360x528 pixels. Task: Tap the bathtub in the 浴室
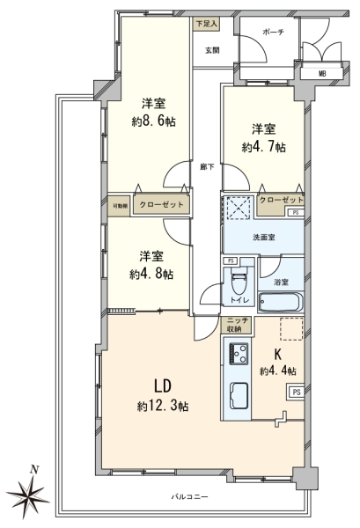click(x=281, y=302)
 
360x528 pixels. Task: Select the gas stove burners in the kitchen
click(x=239, y=353)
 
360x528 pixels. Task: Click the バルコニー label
click(x=189, y=496)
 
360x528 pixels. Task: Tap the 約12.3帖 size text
click(x=163, y=407)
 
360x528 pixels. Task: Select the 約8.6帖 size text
click(x=153, y=121)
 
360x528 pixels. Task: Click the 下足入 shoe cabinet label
click(x=207, y=24)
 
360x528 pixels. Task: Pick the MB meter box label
click(x=322, y=74)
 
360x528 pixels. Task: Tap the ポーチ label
click(x=273, y=32)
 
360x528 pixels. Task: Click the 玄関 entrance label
click(x=212, y=50)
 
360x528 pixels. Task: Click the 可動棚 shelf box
click(x=120, y=205)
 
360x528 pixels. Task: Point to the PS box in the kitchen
click(x=296, y=392)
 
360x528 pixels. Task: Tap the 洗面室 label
click(x=264, y=238)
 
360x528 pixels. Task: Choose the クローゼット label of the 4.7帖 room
click(x=281, y=201)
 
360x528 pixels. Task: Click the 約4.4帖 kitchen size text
click(x=278, y=371)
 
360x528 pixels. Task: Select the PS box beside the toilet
click(x=231, y=260)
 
